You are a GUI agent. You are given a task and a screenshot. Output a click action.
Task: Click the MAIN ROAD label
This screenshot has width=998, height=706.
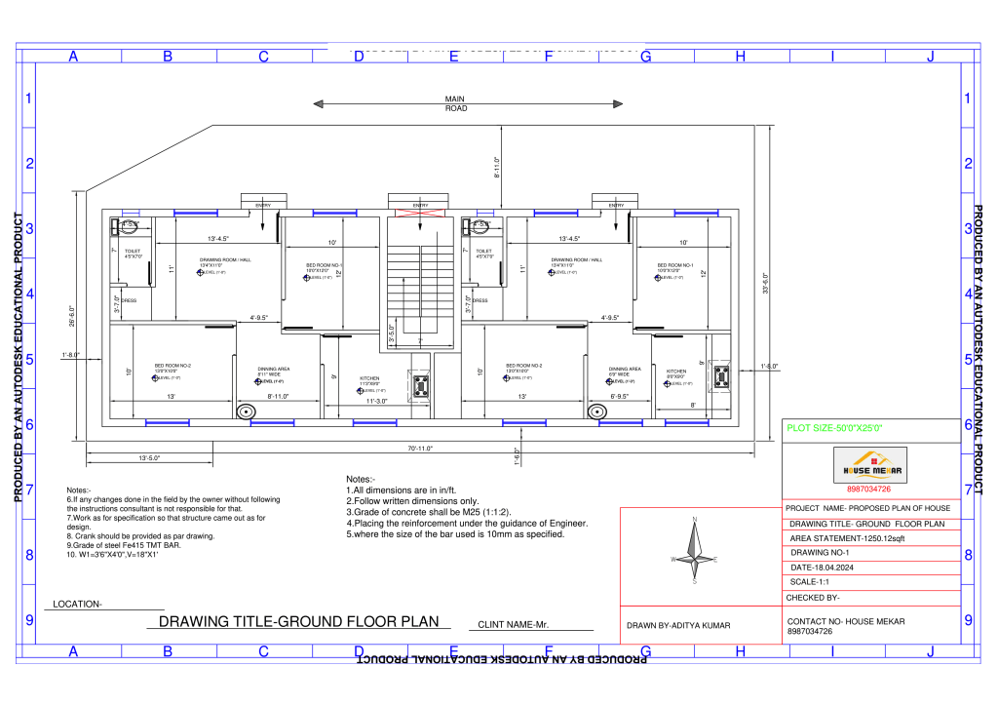pos(455,103)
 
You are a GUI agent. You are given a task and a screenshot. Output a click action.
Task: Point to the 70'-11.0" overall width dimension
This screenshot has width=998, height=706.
pos(421,448)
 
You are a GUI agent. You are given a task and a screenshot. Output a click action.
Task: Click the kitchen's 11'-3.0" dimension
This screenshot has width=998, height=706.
pos(378,401)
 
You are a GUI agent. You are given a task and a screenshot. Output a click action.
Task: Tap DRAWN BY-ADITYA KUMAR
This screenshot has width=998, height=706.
pos(678,625)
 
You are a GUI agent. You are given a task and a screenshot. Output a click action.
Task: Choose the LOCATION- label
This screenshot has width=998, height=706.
pos(77,604)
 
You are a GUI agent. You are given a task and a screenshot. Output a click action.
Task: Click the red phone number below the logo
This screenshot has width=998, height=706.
pos(869,490)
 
